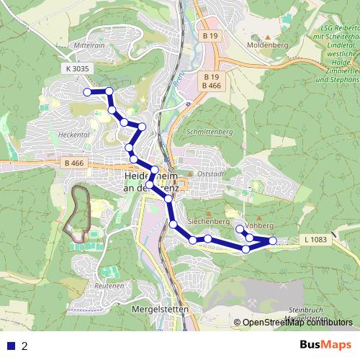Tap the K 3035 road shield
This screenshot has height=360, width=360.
tap(76, 68)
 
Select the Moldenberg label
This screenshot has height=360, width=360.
tap(268, 45)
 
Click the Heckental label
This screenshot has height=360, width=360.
tap(74, 134)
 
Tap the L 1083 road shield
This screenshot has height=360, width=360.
tap(315, 238)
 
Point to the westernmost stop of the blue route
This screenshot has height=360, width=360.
tap(88, 92)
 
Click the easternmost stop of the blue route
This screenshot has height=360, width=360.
tap(273, 240)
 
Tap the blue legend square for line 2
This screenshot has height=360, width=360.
tap(11, 346)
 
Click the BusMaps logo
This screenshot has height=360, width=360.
tap(327, 345)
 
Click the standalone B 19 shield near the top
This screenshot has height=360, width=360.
tap(210, 36)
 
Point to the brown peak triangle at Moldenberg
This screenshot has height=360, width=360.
tap(268, 35)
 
